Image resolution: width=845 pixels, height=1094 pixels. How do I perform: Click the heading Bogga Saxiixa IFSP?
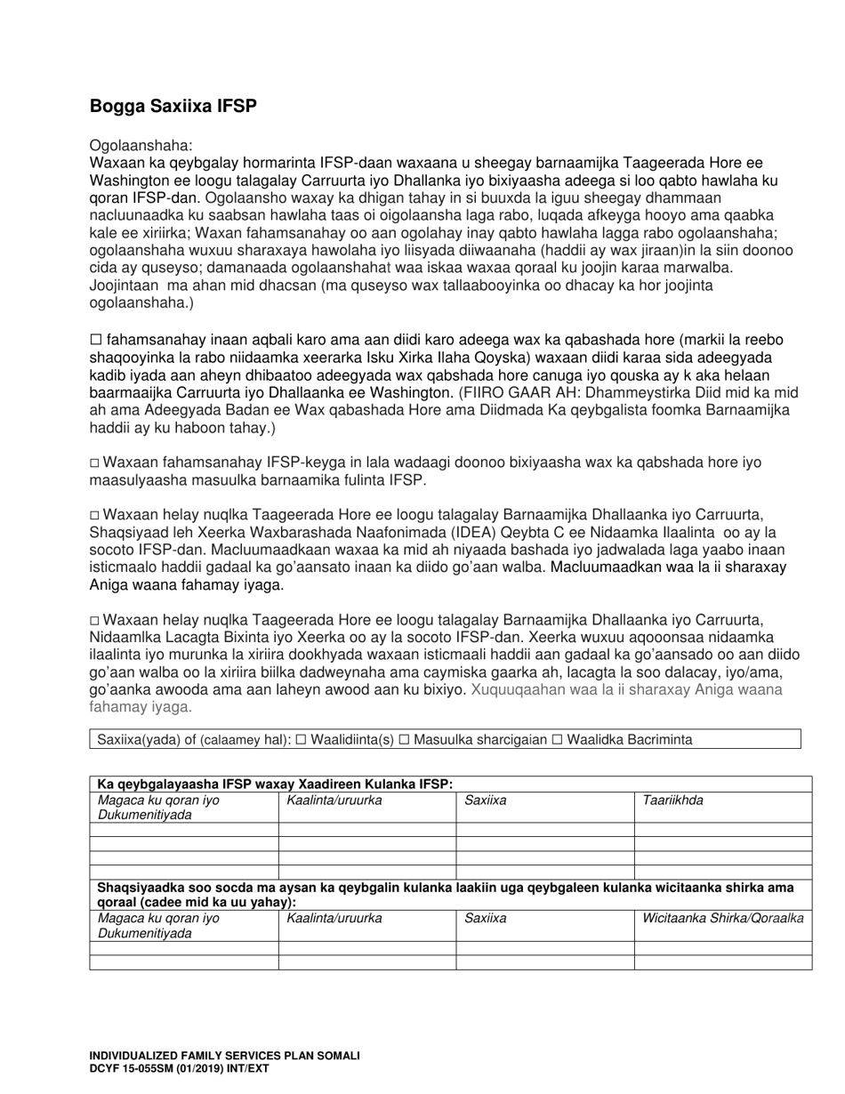tap(173, 107)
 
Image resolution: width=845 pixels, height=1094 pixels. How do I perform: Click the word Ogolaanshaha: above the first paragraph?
tap(141, 145)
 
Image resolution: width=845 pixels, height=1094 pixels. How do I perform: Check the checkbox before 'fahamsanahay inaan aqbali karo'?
tap(96, 340)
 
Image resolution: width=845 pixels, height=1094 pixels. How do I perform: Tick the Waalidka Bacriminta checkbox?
tap(557, 740)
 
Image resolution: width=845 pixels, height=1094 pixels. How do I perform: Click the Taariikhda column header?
tap(672, 800)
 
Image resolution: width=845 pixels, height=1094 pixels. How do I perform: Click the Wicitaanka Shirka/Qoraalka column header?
tap(722, 919)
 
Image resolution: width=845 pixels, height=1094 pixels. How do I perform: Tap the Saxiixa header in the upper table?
tap(486, 800)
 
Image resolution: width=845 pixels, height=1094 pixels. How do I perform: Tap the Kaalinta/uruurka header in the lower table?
tap(334, 919)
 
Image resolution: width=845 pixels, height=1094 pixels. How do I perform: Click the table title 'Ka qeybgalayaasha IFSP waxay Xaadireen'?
tap(275, 784)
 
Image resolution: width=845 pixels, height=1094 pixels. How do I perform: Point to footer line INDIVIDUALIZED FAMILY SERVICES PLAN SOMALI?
tap(224, 1056)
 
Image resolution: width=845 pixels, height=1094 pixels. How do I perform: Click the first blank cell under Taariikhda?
tap(722, 829)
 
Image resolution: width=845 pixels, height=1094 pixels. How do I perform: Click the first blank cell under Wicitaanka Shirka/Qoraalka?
tap(722, 948)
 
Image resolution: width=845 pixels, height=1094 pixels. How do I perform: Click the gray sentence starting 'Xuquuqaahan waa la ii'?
tap(626, 689)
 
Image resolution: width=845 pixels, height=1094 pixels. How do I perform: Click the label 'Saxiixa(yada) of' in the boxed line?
tap(139, 740)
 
